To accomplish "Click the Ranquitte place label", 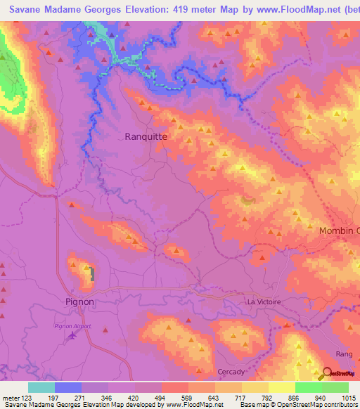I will [146, 137].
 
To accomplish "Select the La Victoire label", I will [264, 301].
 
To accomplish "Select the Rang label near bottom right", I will [344, 354].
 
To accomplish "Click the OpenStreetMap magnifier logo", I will [328, 374].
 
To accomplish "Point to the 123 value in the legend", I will [25, 397].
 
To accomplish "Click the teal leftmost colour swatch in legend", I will [41, 387].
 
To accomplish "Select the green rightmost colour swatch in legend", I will [335, 387].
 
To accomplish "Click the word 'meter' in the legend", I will [9, 397].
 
